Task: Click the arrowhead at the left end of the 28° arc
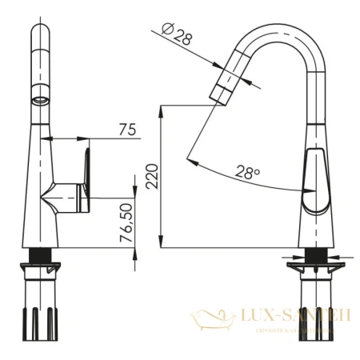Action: [193, 162]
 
